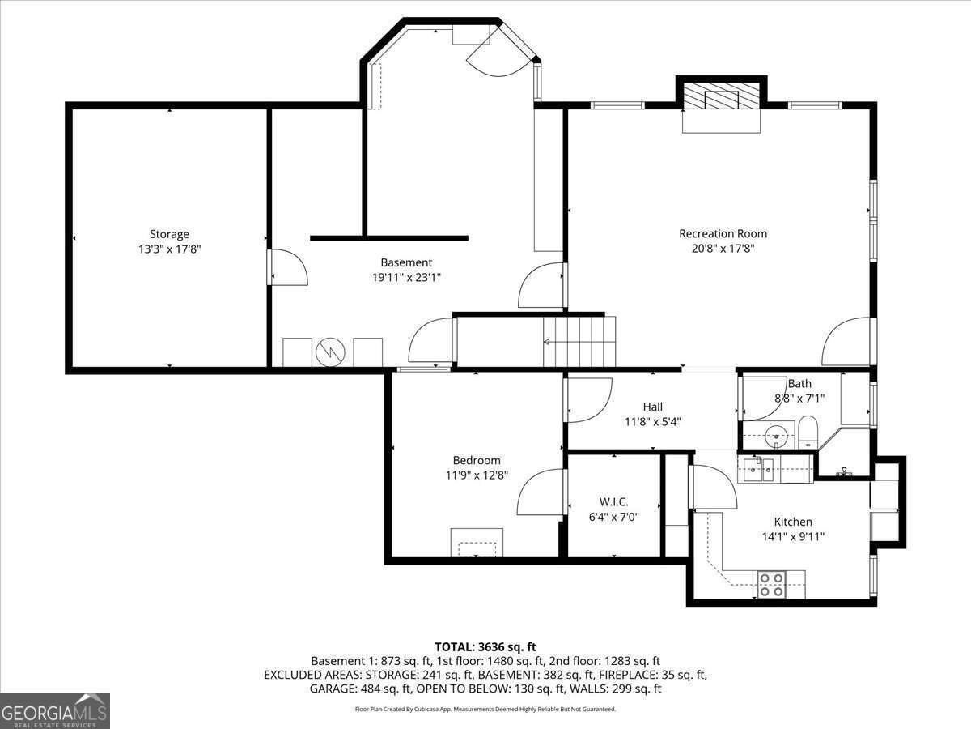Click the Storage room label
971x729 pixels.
tap(169, 235)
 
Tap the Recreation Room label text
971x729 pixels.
tap(723, 234)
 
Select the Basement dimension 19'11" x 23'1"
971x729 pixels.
tap(406, 277)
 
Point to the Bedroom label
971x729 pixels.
tap(476, 460)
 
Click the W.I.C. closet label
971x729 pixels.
tap(613, 502)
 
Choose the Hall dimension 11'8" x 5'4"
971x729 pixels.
tap(652, 421)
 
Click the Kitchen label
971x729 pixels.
tap(792, 522)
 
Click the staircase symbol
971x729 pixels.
tap(579, 341)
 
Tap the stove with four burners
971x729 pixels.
tap(771, 584)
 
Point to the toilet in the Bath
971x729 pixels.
tap(808, 432)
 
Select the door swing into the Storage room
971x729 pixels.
tap(288, 268)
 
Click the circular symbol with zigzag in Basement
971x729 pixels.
tap(329, 351)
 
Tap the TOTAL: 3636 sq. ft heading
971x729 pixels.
tap(485, 646)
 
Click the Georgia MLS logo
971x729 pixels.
tap(55, 710)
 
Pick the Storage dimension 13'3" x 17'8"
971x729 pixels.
tap(169, 250)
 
